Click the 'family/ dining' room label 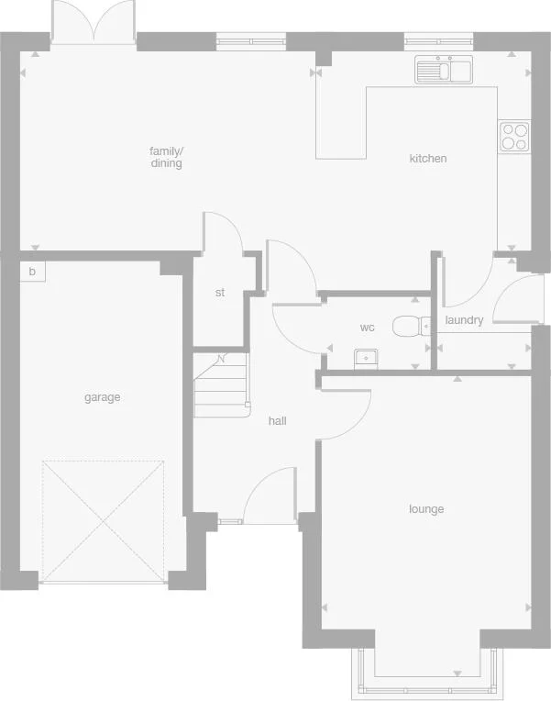pyautogui.click(x=166, y=157)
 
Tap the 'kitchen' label pyautogui.click(x=427, y=159)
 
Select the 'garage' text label pyautogui.click(x=102, y=397)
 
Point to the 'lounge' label pyautogui.click(x=426, y=509)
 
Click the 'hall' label pyautogui.click(x=277, y=421)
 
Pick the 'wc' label pyautogui.click(x=367, y=328)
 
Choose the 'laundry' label pyautogui.click(x=464, y=320)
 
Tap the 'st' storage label pyautogui.click(x=219, y=293)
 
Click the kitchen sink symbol pyautogui.click(x=442, y=70)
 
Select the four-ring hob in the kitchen pyautogui.click(x=513, y=137)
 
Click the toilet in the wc pyautogui.click(x=413, y=326)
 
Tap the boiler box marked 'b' pyautogui.click(x=32, y=272)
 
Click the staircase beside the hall pyautogui.click(x=221, y=385)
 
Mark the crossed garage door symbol pyautogui.click(x=104, y=520)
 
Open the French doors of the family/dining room pyautogui.click(x=93, y=22)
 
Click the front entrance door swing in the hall pyautogui.click(x=270, y=495)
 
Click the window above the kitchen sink pyautogui.click(x=440, y=40)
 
